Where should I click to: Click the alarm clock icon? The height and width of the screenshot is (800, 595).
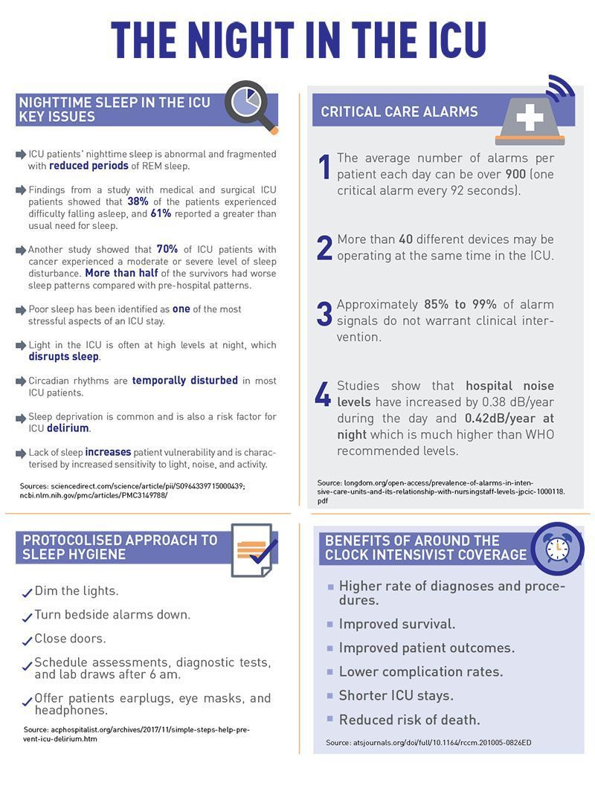[x=556, y=549]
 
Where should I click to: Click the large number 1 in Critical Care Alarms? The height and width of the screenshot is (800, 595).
[x=324, y=167]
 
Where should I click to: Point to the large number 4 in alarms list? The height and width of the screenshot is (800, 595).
[x=323, y=395]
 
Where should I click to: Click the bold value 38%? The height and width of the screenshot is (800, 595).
[x=138, y=201]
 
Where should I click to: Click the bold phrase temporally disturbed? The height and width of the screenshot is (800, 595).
[x=185, y=381]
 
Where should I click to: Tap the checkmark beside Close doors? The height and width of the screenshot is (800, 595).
[x=27, y=640]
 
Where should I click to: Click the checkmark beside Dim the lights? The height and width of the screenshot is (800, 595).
[x=27, y=593]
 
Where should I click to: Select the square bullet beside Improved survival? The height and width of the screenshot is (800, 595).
[x=331, y=625]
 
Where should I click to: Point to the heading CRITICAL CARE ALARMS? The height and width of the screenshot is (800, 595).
[x=399, y=112]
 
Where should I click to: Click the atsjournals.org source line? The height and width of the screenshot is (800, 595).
[x=428, y=743]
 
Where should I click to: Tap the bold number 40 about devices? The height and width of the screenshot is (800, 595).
[x=405, y=240]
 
